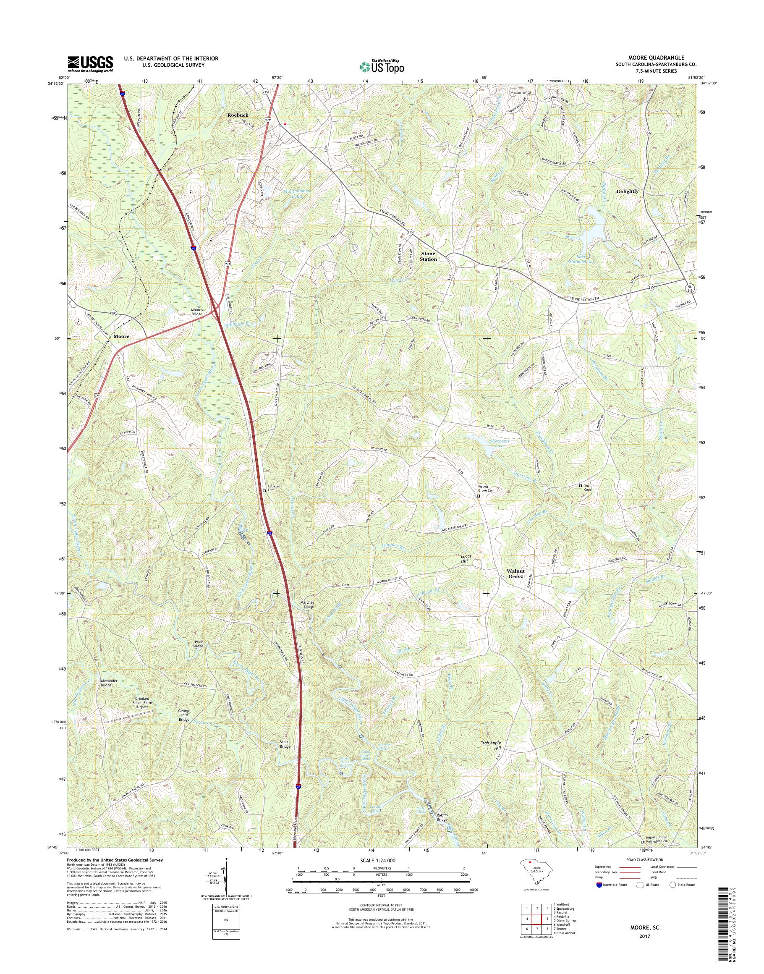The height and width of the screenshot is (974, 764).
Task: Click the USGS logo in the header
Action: pyautogui.click(x=90, y=64)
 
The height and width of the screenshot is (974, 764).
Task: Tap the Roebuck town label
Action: pyautogui.click(x=238, y=115)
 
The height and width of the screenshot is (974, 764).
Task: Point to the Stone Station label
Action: pyautogui.click(x=428, y=256)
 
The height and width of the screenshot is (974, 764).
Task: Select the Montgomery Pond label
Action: pyautogui.click(x=293, y=193)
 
